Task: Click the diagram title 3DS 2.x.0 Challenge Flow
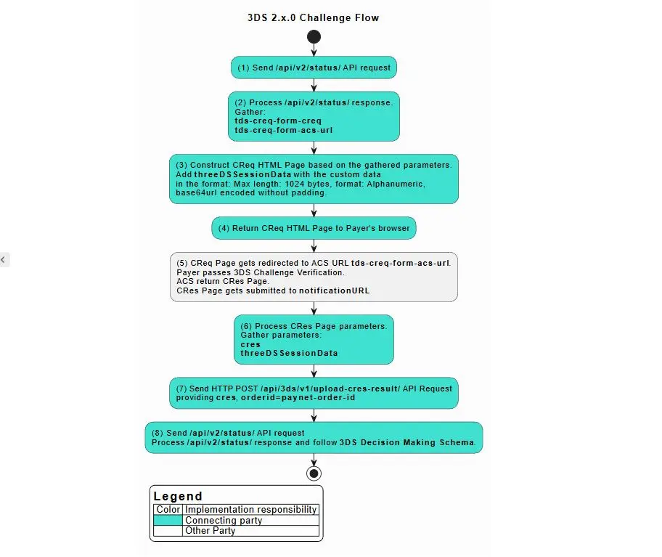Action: point(313,17)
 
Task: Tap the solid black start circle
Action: point(314,36)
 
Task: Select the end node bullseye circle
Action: point(314,473)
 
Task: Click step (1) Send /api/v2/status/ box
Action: point(314,68)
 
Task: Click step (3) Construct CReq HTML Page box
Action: point(314,179)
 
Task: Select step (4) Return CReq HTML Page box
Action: point(314,228)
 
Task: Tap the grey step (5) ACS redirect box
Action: point(314,277)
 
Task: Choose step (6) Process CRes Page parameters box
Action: point(314,339)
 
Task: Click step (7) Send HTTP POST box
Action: point(314,393)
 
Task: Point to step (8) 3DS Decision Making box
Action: point(314,437)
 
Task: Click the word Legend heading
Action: point(178,497)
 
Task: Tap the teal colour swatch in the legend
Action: point(169,521)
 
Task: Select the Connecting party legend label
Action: point(224,521)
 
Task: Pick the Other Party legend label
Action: point(210,531)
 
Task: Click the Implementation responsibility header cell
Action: point(251,510)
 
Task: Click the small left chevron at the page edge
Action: point(3,259)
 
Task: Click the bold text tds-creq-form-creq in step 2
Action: point(278,121)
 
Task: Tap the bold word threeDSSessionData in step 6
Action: point(289,354)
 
